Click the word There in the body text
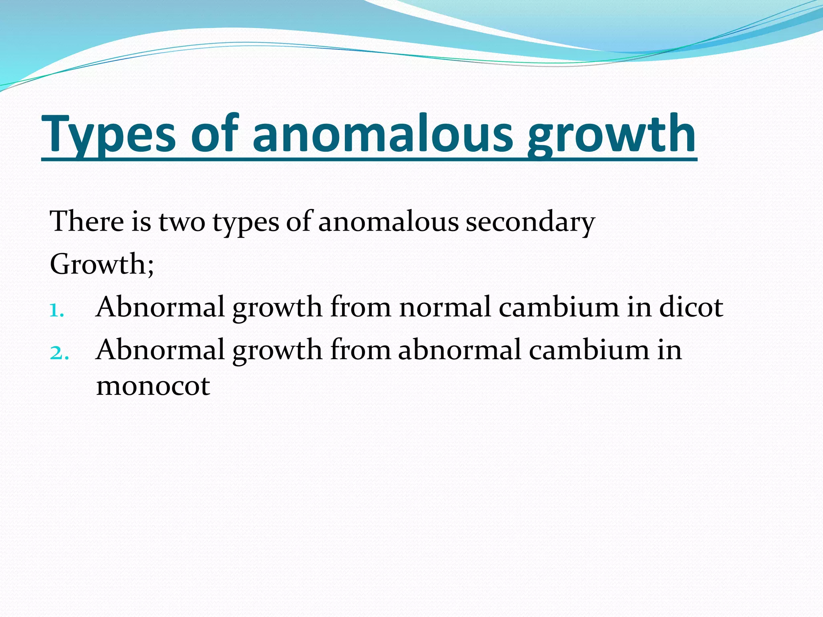click(x=87, y=221)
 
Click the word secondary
click(x=530, y=222)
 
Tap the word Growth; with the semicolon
click(x=102, y=264)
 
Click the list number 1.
click(x=56, y=310)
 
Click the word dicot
click(x=691, y=307)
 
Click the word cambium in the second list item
click(x=589, y=350)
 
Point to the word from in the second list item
click(x=360, y=350)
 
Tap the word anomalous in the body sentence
click(x=388, y=222)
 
